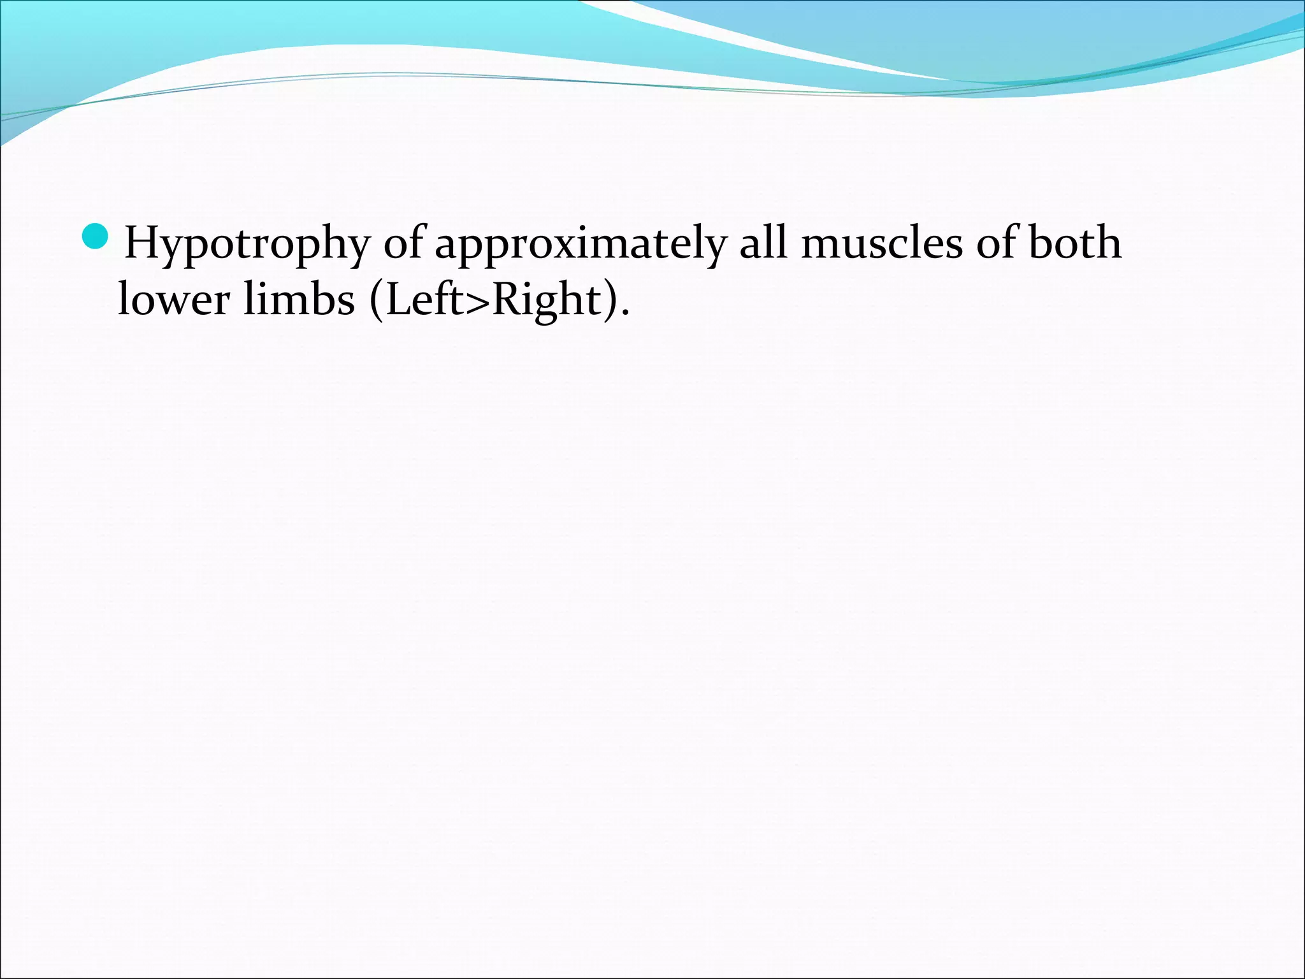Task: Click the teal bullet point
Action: pyautogui.click(x=96, y=236)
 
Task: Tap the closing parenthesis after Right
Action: pyautogui.click(x=610, y=300)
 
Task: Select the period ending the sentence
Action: pyautogui.click(x=624, y=313)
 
